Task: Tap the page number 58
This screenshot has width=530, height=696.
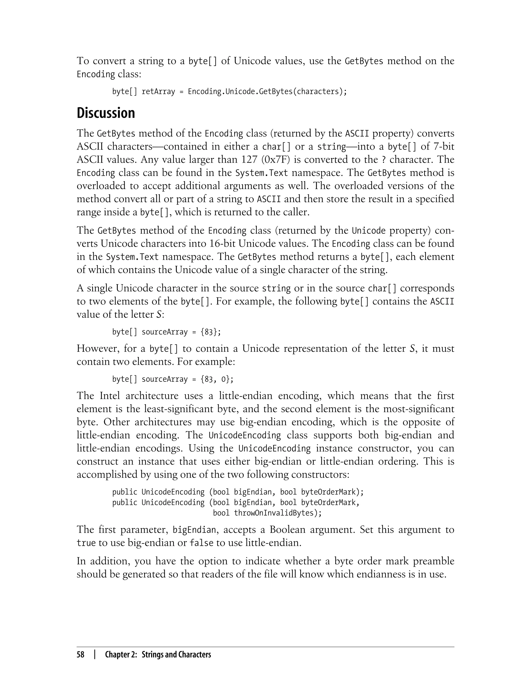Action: (80, 655)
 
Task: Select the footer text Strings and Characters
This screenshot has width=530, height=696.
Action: (176, 655)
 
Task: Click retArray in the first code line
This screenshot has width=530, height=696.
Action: (158, 91)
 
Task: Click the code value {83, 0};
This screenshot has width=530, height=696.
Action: (217, 379)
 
